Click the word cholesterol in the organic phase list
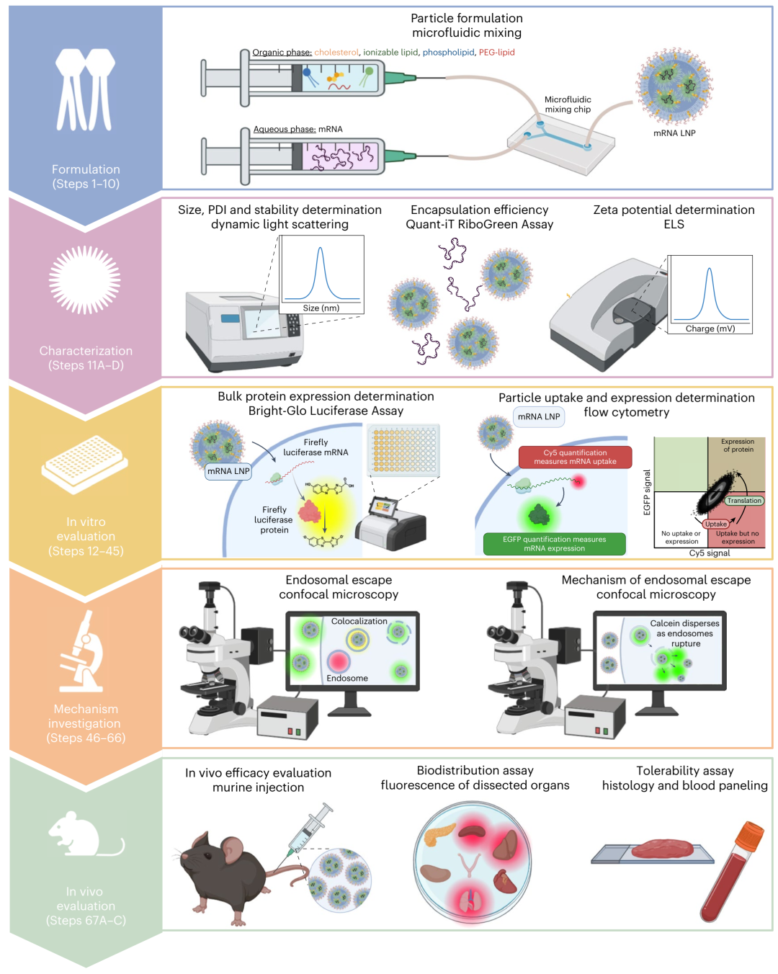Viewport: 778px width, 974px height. [336, 53]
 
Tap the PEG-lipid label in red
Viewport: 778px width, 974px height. [496, 53]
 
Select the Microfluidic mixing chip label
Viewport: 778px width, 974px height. [568, 104]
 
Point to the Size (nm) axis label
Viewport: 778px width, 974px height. [321, 308]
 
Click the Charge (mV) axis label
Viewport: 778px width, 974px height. [710, 329]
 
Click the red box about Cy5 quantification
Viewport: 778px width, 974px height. [575, 457]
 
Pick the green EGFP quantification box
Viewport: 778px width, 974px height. [554, 544]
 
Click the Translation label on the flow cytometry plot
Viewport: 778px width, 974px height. [744, 501]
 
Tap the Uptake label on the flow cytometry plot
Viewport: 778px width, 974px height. [716, 524]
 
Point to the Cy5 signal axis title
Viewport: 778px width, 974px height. [710, 553]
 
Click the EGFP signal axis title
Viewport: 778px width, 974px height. [647, 492]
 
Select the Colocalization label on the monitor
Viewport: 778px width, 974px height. [359, 621]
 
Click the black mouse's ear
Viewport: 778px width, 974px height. [232, 849]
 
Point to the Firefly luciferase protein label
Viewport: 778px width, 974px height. [274, 519]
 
